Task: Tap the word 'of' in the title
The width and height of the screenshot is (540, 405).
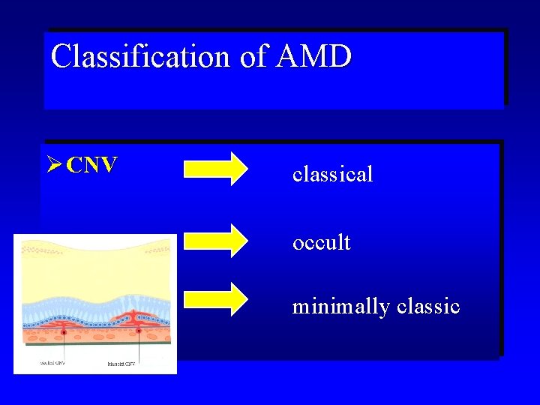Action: (253, 56)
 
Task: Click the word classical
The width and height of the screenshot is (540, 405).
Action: (332, 175)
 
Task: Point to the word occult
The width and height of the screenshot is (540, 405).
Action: (321, 242)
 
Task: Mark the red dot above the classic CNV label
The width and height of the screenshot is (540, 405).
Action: (138, 331)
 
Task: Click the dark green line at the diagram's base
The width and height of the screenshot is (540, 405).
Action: (96, 344)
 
